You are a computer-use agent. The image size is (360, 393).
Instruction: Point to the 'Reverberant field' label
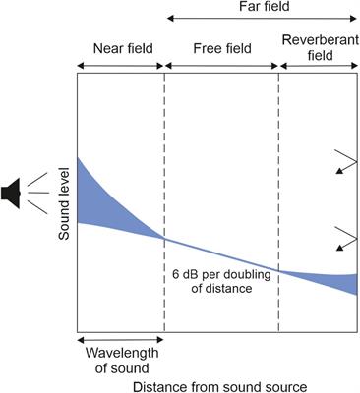(319, 46)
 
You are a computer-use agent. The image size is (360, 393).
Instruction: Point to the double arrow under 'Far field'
(263, 19)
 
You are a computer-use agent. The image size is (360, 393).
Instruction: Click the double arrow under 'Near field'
(120, 66)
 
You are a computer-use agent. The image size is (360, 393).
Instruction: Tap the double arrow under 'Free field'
(221, 66)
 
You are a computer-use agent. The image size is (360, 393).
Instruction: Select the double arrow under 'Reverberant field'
(319, 66)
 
